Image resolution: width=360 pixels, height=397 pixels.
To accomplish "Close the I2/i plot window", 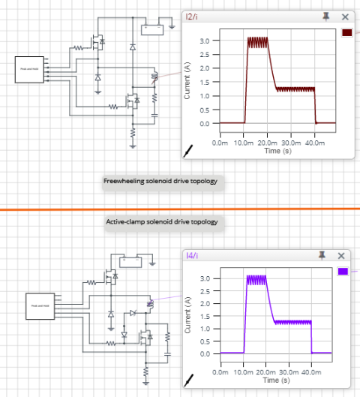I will pos(345,17).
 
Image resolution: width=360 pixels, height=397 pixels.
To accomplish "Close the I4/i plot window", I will pos(345,256).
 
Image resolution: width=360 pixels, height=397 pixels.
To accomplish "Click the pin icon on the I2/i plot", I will pos(327,17).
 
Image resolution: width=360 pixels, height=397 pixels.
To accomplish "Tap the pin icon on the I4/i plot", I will pos(327,256).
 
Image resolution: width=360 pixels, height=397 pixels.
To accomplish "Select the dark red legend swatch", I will pos(346,33).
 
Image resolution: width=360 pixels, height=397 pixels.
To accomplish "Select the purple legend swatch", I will pos(343,272).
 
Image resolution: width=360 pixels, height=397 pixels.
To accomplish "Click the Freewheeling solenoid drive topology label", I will pos(153,182).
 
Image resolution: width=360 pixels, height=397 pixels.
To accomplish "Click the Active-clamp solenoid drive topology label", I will pos(154,222).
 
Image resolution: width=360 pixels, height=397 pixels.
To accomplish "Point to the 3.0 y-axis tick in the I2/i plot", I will pos(204,41).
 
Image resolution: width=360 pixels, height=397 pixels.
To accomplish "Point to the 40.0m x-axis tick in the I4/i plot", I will pos(313,371).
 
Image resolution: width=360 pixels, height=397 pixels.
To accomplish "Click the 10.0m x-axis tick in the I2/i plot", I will pos(244,142).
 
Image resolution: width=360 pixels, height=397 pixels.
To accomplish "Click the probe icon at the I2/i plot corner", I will pos(190,150).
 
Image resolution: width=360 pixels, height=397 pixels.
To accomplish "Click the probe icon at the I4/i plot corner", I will pos(190,380).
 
